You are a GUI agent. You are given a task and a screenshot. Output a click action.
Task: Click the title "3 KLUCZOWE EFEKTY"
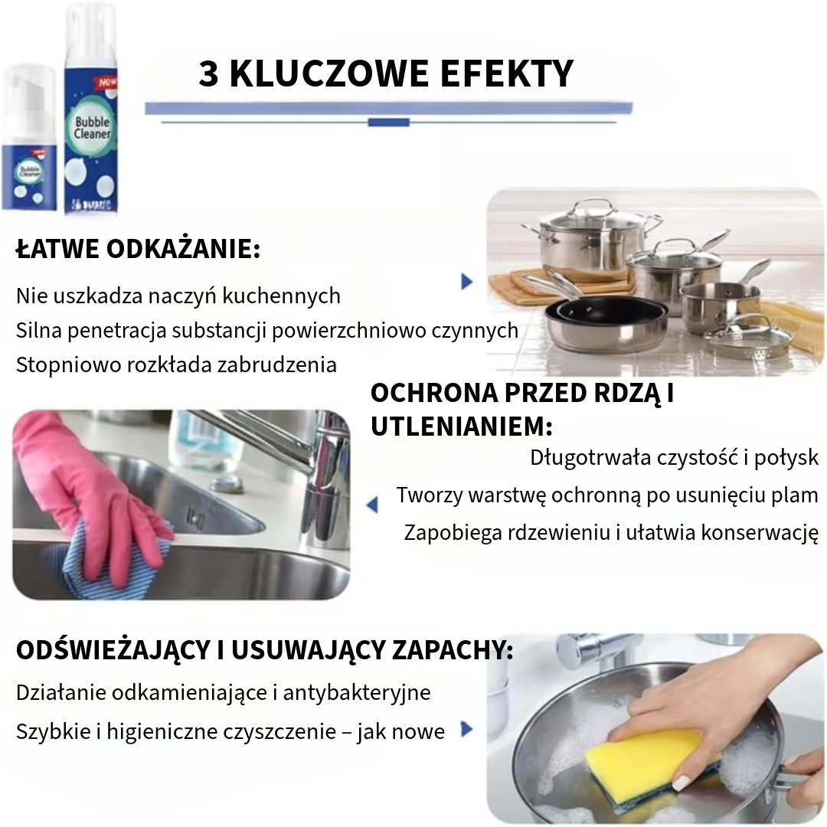[386, 74]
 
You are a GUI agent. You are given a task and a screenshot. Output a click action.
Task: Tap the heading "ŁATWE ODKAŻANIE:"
[138, 250]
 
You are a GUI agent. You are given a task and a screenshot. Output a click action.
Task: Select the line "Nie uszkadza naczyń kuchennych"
[178, 296]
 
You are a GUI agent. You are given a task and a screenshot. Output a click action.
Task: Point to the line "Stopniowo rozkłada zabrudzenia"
[176, 364]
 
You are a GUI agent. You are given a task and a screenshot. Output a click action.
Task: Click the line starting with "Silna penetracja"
[267, 330]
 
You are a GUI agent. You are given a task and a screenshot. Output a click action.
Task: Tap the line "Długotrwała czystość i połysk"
[674, 458]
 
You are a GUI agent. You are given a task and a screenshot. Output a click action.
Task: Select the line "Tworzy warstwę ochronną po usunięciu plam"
[607, 495]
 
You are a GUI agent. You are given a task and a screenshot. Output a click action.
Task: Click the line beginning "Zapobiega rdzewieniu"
[611, 532]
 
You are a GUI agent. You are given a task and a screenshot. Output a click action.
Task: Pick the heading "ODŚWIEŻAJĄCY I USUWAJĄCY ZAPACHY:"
[264, 651]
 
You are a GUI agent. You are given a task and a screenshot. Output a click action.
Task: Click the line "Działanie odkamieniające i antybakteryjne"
[223, 693]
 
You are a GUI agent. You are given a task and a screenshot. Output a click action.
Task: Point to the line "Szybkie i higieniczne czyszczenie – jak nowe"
[230, 732]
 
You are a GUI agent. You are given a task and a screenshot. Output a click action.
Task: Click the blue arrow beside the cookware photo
[466, 282]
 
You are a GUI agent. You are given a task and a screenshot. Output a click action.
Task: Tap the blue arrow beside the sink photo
[372, 505]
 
